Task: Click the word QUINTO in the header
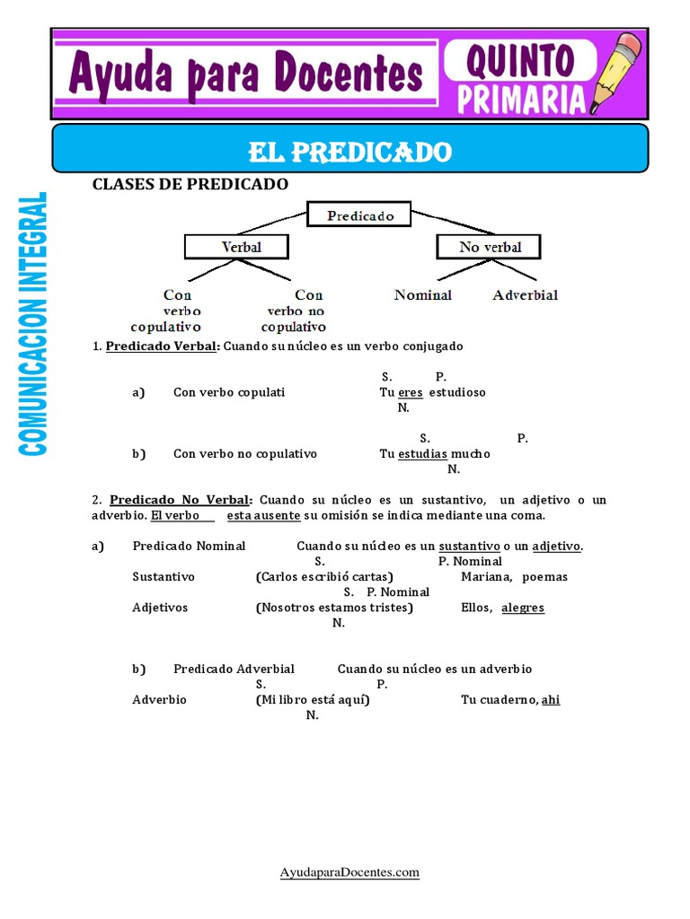tap(519, 60)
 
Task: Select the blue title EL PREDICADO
tap(350, 152)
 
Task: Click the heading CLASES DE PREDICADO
tap(190, 184)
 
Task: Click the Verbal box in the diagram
tap(236, 246)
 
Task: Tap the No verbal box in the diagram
tap(490, 246)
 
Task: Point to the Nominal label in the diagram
tap(423, 294)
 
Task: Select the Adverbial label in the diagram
tap(526, 294)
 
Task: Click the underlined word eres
tap(410, 392)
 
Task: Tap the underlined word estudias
tap(422, 453)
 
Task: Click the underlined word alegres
tap(523, 608)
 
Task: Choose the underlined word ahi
tap(551, 699)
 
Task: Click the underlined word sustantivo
tap(470, 546)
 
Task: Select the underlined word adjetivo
tap(556, 546)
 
